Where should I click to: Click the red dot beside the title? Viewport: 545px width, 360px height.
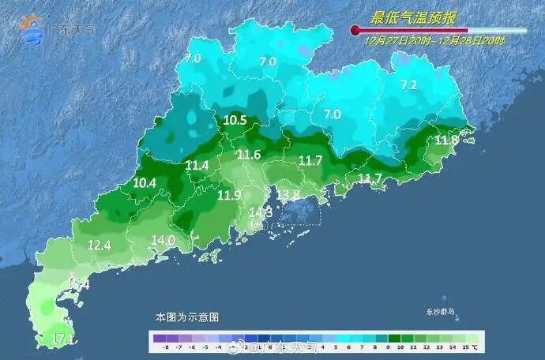click(x=355, y=31)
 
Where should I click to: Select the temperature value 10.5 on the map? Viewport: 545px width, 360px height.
click(x=235, y=121)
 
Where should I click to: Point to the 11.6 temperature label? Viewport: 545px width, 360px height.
click(x=249, y=155)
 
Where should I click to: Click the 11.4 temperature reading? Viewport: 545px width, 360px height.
click(x=197, y=165)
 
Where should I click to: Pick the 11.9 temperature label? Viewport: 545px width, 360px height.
click(x=230, y=195)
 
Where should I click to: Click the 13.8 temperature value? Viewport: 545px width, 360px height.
click(x=288, y=194)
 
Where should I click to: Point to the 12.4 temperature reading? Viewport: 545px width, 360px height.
click(x=99, y=246)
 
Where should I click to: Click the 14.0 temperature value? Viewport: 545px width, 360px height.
click(x=163, y=240)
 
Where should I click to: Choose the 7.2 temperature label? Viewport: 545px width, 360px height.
click(x=408, y=85)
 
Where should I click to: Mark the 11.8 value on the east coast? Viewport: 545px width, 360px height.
click(x=446, y=141)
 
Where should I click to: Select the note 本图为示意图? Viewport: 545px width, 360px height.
click(x=187, y=317)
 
